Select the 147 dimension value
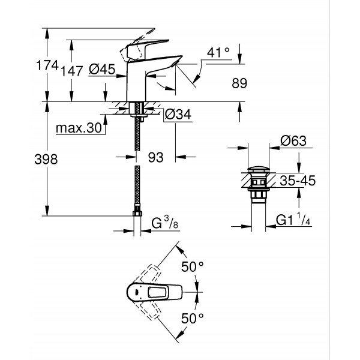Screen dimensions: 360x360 (x=72, y=70)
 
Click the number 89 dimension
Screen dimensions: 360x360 (x=239, y=85)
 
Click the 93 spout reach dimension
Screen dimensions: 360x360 (x=155, y=157)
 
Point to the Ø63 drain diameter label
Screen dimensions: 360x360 (x=293, y=142)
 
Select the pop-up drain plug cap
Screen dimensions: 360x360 (x=260, y=168)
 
